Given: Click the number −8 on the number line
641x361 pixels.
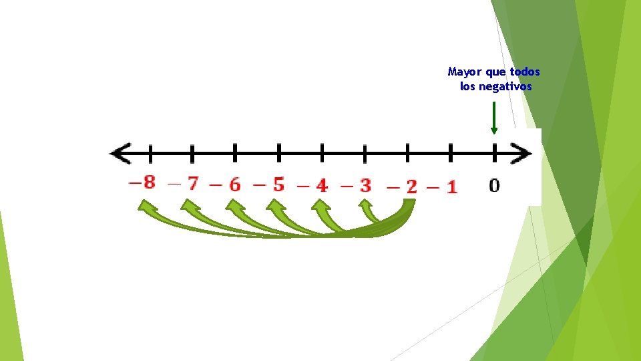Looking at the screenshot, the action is tap(142, 182).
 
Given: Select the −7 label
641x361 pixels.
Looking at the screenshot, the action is tap(185, 183).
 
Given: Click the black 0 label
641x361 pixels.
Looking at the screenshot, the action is tap(494, 185).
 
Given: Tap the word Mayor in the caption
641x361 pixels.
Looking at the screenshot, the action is tap(463, 72).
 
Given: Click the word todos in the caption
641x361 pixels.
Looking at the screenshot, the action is tap(525, 72).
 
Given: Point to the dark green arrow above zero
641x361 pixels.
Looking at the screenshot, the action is tap(494, 118).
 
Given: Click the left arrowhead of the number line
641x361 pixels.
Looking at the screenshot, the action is tap(120, 154).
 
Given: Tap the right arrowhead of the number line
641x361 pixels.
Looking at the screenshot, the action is tap(523, 154).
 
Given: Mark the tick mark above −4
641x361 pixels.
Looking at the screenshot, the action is tap(322, 153).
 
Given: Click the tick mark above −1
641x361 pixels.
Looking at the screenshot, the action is tap(451, 153).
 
